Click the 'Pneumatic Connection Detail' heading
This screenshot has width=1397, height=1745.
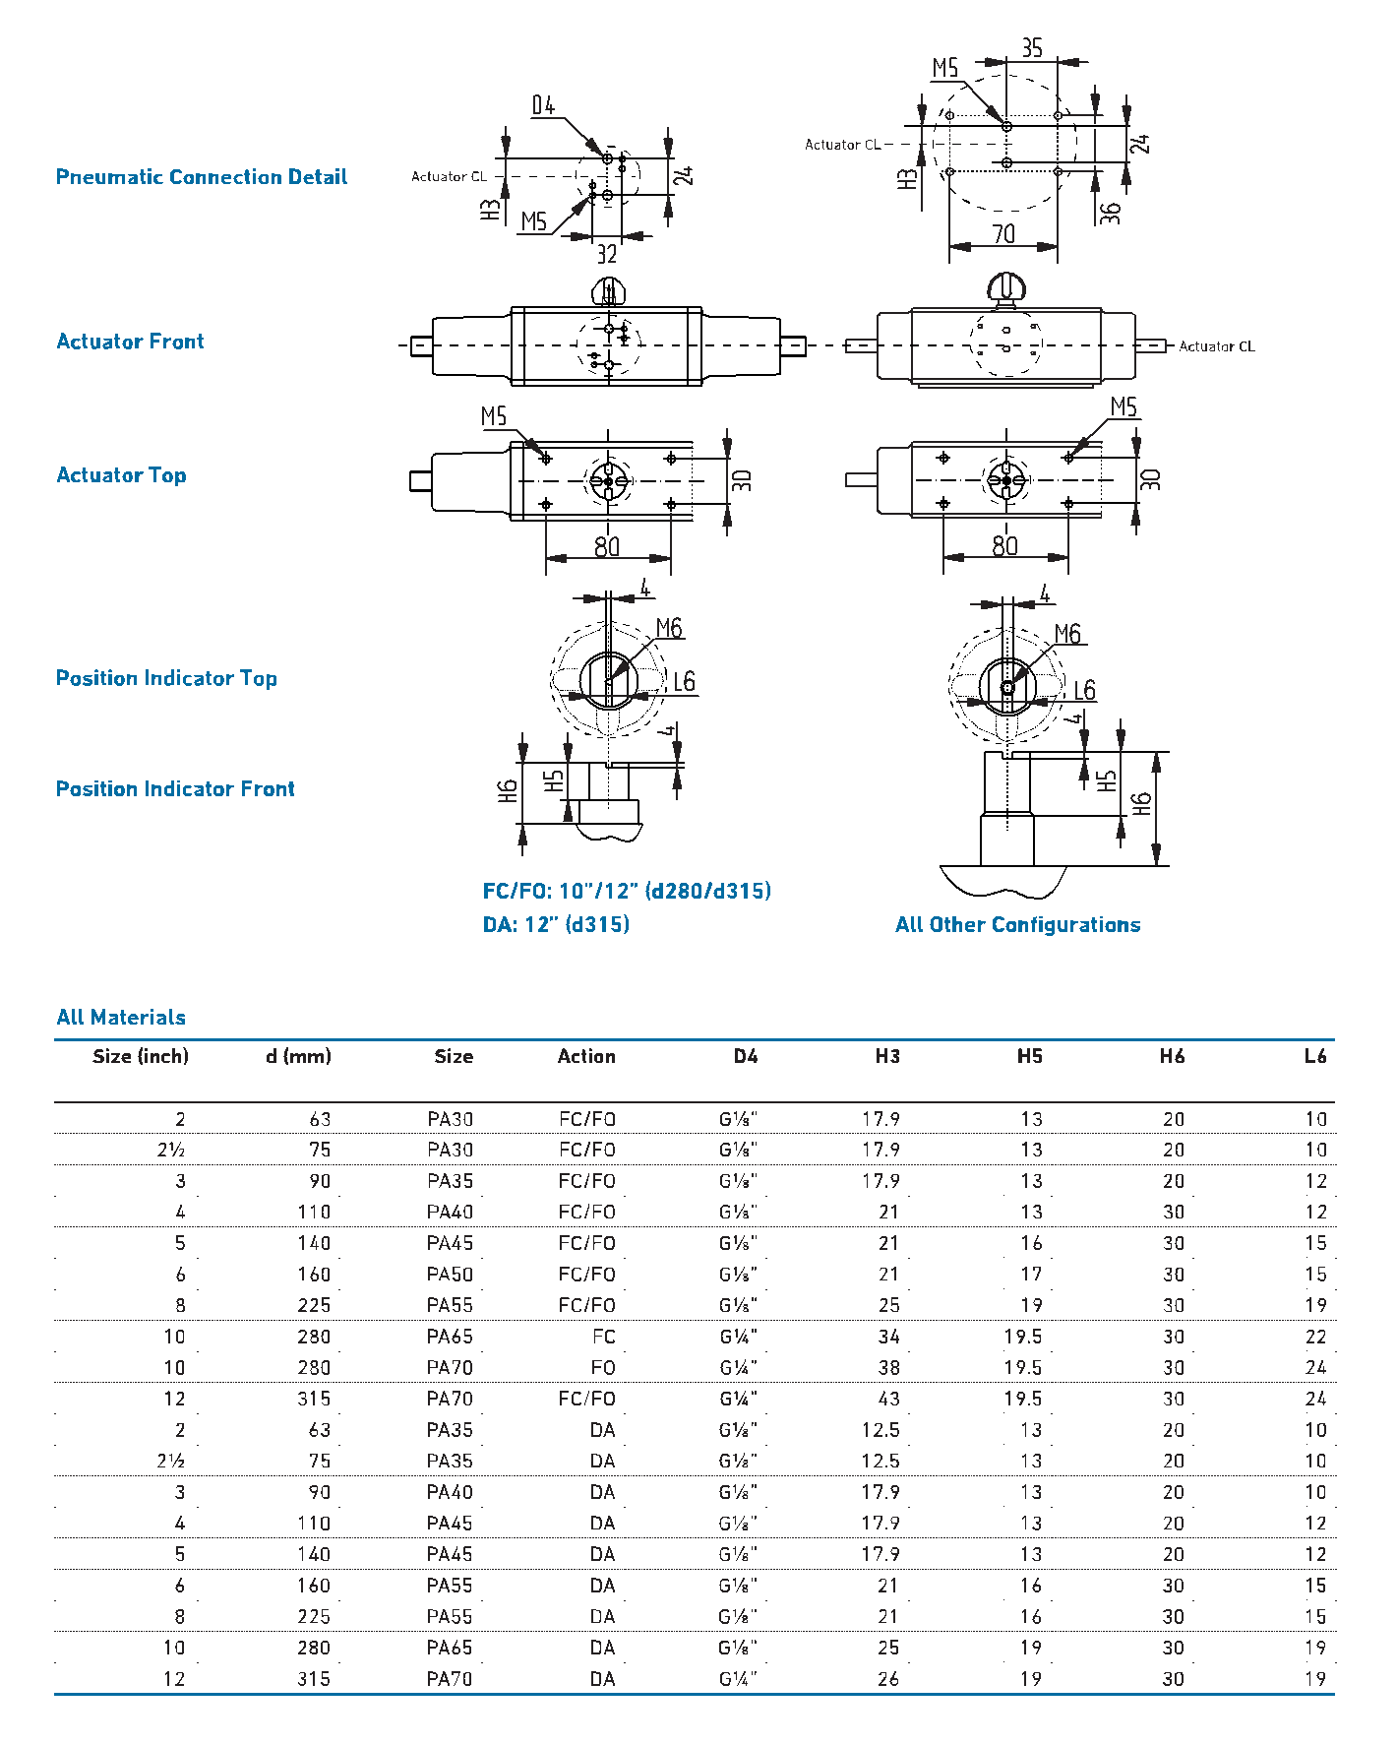tap(201, 177)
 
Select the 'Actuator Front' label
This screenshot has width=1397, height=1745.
tap(130, 342)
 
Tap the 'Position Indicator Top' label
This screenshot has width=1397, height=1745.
tap(166, 678)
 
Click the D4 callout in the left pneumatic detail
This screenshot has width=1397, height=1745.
tap(543, 105)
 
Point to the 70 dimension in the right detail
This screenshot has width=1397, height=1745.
tap(1002, 234)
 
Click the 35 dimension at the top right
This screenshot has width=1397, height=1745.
tap(1031, 48)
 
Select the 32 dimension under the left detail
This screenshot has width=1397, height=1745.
tap(607, 254)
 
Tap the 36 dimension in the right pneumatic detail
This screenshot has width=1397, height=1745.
tap(1111, 213)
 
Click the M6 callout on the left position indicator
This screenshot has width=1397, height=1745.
tap(669, 628)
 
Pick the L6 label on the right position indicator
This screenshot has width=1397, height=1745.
tap(1084, 690)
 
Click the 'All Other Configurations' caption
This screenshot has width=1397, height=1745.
tap(1017, 925)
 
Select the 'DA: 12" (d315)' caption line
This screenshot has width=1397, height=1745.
tap(556, 925)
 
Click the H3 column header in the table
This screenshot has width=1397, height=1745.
tap(887, 1056)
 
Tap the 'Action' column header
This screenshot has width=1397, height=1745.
tap(586, 1056)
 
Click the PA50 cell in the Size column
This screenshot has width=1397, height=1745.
tap(450, 1275)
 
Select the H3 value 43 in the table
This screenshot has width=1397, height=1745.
tap(888, 1399)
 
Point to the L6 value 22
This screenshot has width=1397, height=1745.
tap(1315, 1337)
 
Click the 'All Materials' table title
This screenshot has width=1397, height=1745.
tap(121, 1018)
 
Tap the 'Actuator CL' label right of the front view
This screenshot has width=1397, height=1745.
tap(1217, 346)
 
